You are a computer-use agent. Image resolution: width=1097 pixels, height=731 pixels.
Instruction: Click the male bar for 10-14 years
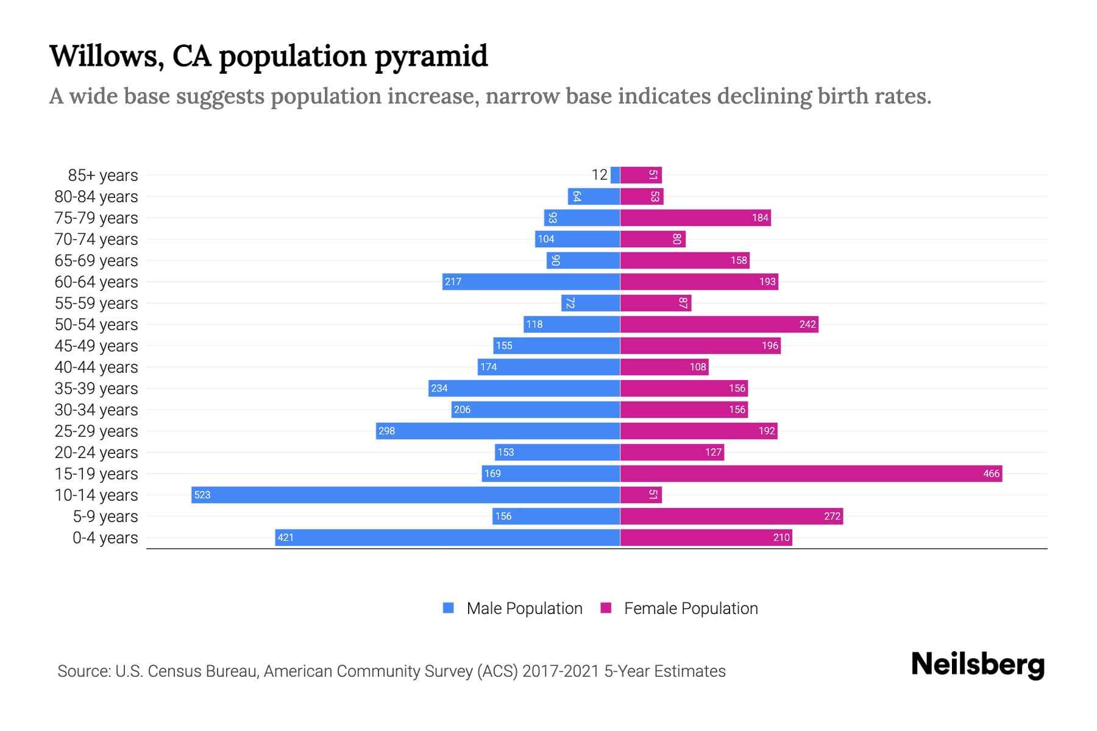click(x=405, y=495)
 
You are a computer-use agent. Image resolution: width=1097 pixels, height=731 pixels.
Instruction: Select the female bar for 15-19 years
click(x=811, y=473)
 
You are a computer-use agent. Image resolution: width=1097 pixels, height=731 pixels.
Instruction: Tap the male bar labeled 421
click(x=448, y=537)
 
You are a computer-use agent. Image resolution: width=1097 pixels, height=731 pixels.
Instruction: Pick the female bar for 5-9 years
click(x=731, y=516)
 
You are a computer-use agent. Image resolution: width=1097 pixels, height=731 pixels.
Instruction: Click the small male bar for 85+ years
click(x=615, y=175)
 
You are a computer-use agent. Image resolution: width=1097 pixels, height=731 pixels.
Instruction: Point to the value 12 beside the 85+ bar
click(x=599, y=175)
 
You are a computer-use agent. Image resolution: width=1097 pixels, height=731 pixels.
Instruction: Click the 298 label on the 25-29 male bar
click(x=386, y=431)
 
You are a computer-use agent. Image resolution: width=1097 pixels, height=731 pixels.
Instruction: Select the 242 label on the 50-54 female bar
click(x=807, y=324)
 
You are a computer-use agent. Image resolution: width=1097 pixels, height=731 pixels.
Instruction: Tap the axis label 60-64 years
click(x=96, y=282)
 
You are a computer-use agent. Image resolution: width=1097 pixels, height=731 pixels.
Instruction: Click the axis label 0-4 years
click(x=105, y=538)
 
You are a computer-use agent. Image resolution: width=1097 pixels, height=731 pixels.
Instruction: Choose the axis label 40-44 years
click(x=96, y=367)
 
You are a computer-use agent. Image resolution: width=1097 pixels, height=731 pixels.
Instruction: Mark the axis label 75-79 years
click(x=96, y=218)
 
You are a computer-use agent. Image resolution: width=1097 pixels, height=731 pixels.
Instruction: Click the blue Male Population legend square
click(x=449, y=608)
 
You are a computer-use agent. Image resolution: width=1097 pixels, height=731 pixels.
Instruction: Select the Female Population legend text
click(x=691, y=608)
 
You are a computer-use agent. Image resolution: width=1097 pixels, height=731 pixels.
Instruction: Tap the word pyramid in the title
click(x=431, y=57)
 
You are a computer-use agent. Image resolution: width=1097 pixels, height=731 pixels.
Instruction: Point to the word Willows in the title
click(x=106, y=55)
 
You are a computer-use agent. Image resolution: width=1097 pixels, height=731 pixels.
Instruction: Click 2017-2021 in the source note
click(x=560, y=671)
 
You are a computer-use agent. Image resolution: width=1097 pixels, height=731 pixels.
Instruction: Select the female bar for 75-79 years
click(x=695, y=217)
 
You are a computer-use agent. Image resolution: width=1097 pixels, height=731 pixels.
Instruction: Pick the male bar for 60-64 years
click(x=531, y=281)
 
